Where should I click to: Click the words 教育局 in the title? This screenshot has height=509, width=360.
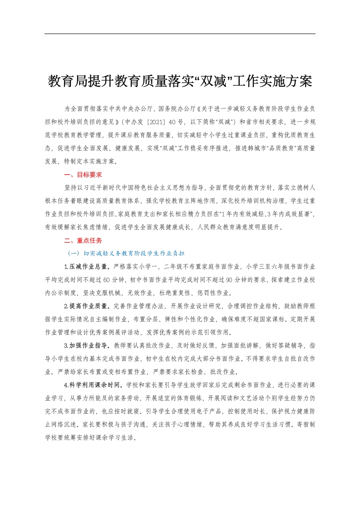pyautogui.click(x=68, y=82)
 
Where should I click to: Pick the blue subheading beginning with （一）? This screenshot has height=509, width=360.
pyautogui.click(x=126, y=253)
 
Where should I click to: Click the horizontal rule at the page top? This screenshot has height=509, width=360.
pyautogui.click(x=180, y=34)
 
